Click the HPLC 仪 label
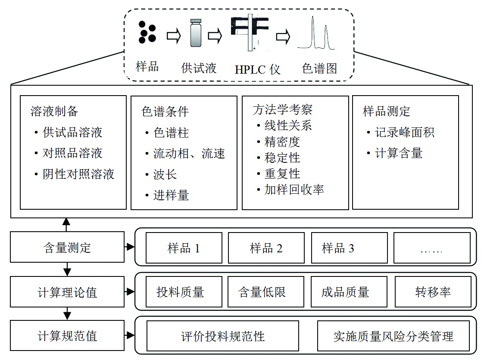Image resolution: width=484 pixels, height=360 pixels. tap(257, 69)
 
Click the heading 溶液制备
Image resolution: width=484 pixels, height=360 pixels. tap(54, 111)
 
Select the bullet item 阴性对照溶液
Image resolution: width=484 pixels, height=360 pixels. tap(78, 174)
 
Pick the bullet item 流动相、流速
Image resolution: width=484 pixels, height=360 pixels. tap(189, 153)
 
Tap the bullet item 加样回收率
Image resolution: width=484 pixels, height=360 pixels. tap(294, 189)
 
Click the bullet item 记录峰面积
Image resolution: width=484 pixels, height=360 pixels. tap(404, 132)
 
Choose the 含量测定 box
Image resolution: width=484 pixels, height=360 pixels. tap(67, 248)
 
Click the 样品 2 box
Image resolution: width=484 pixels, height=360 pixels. tap(266, 248)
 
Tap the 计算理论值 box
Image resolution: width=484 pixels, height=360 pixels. tap(67, 292)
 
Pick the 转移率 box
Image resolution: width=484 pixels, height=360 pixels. tap(432, 292)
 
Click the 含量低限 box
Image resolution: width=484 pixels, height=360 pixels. tap(262, 292)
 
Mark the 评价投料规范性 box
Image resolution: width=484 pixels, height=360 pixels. tap(222, 336)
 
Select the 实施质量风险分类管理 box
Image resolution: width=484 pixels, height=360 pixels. tap(393, 336)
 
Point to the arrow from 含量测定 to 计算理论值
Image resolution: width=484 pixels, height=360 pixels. tap(67, 270)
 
